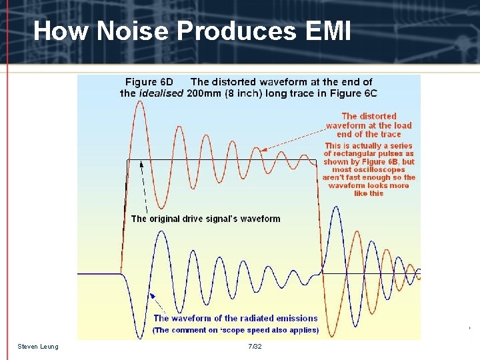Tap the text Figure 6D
tap(149, 82)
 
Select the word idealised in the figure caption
tap(161, 93)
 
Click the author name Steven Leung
tap(38, 346)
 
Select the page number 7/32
tap(254, 346)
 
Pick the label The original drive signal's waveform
tap(205, 219)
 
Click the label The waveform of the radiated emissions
tap(235, 318)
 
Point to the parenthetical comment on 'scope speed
tap(235, 330)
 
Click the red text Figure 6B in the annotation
tap(381, 162)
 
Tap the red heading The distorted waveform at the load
tap(369, 121)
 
